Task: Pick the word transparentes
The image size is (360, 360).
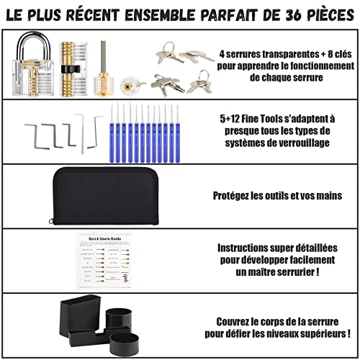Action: pos(269,54)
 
